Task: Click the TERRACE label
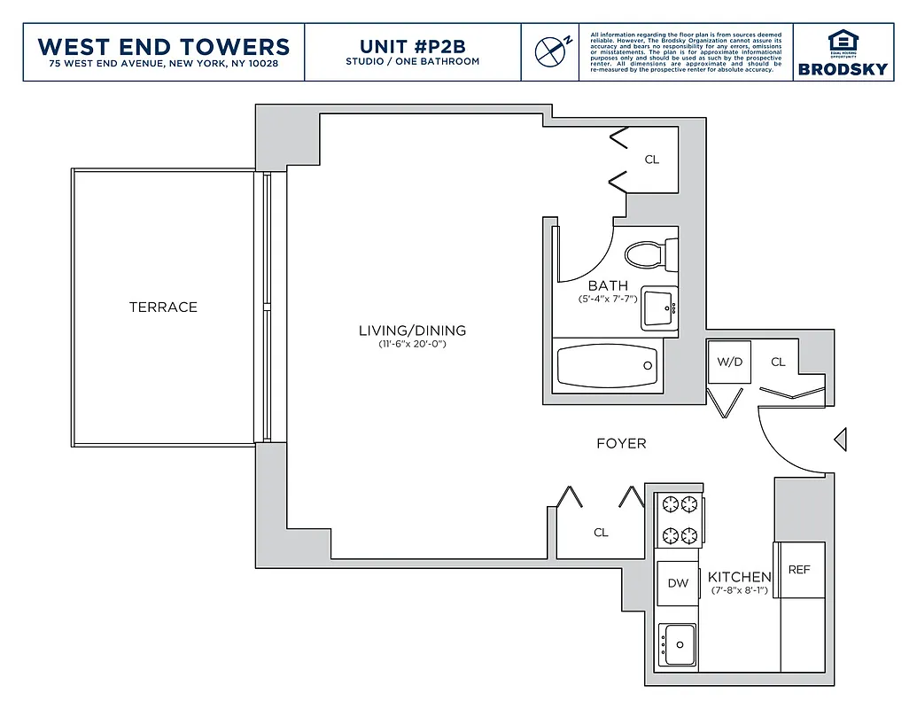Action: [x=163, y=307]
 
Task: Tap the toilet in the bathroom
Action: [x=649, y=255]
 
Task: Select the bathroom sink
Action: [x=658, y=308]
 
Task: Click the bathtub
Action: [x=609, y=365]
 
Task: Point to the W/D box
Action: [x=729, y=362]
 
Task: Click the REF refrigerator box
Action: [x=799, y=570]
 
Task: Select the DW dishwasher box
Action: [x=678, y=583]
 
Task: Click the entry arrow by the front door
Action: [x=841, y=438]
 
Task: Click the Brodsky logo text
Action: [x=842, y=69]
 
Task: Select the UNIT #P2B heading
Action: [x=412, y=45]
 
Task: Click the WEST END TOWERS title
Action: [x=165, y=46]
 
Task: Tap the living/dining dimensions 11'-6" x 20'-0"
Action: [x=412, y=344]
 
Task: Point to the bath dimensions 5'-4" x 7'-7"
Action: [x=608, y=299]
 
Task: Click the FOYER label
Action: [x=621, y=443]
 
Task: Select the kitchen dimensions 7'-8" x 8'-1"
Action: [x=739, y=589]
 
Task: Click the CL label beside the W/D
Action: [x=778, y=362]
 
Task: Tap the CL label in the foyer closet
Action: [x=601, y=533]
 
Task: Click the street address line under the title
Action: [x=165, y=64]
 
